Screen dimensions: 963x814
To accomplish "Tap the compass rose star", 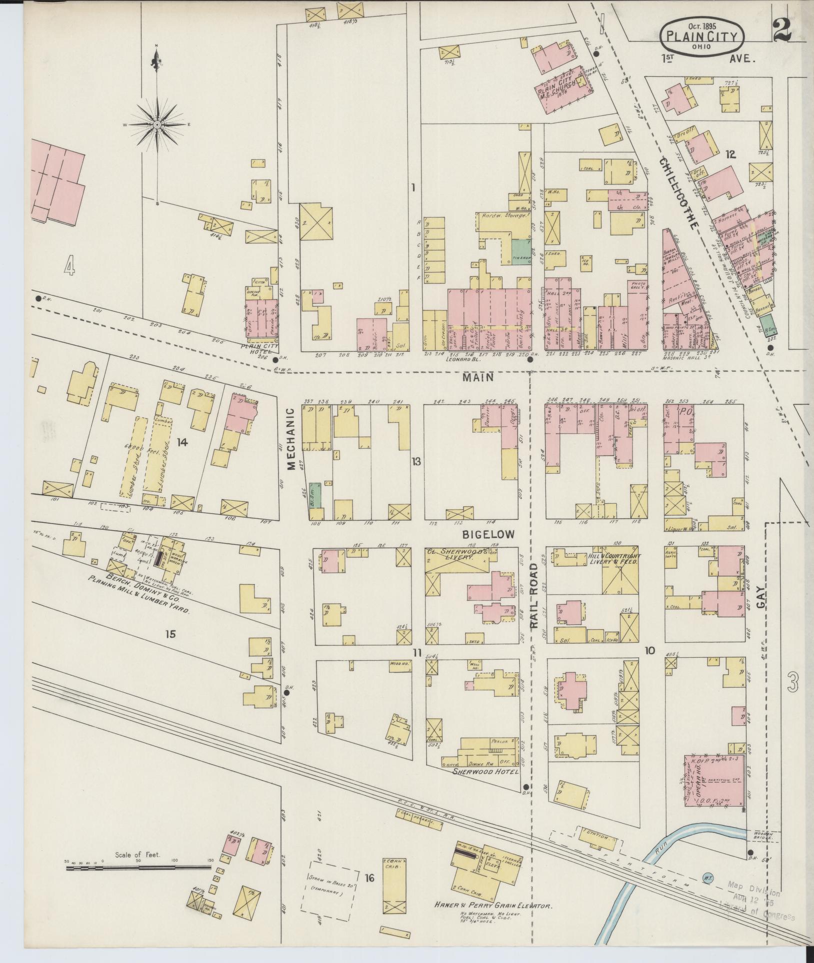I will pyautogui.click(x=157, y=124).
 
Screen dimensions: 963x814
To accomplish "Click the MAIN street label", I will pyautogui.click(x=477, y=378).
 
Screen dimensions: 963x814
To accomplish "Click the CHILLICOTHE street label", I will pyautogui.click(x=678, y=192).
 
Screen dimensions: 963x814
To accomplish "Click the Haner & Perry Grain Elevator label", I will pyautogui.click(x=492, y=906).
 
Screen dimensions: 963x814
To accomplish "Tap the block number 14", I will pyautogui.click(x=182, y=441).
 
